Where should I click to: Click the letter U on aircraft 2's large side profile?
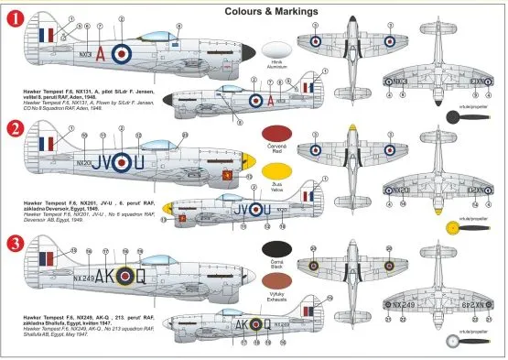138,165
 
